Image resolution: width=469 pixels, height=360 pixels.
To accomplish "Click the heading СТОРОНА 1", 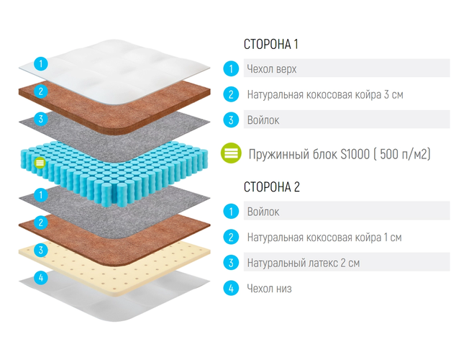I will [x=271, y=44].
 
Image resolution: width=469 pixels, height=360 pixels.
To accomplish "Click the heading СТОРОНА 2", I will [x=272, y=187].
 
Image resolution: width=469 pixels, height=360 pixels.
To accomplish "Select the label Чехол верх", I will [x=272, y=69].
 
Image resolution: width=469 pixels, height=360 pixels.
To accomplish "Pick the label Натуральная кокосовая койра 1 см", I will [x=324, y=237].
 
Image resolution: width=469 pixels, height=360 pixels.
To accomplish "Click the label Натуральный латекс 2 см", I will [x=303, y=263].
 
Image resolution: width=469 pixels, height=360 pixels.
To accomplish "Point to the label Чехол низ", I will [x=269, y=289].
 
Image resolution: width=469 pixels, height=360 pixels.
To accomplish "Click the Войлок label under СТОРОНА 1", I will [x=263, y=120].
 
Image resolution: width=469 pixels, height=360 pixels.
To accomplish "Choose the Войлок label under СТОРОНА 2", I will [x=263, y=212].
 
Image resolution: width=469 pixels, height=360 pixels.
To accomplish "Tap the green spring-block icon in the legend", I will [x=231, y=153].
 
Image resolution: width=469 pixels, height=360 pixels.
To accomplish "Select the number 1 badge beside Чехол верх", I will [x=231, y=69].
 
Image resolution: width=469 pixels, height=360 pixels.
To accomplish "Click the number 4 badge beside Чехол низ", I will [x=231, y=289].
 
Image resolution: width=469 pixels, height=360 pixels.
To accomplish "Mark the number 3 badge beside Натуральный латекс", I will [x=231, y=263].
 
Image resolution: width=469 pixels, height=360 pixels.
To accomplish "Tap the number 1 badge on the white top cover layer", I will [x=42, y=63].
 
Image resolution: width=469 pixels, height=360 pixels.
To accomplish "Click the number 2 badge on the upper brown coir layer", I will [x=42, y=91].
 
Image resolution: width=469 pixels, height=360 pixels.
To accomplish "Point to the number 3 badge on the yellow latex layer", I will [x=42, y=250].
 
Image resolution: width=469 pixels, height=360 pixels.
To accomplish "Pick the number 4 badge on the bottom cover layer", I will [x=42, y=277].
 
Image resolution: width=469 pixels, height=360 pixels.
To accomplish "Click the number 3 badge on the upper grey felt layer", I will [x=42, y=119].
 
